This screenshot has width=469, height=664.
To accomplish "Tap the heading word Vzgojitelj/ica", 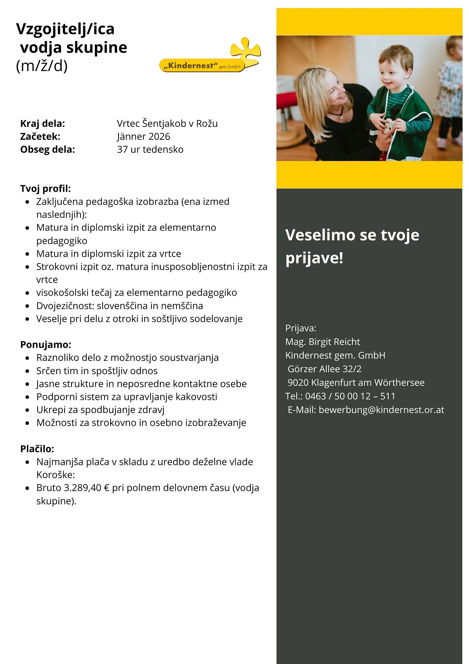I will tap(65, 29).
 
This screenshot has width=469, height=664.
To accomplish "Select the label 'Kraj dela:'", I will tap(42, 124).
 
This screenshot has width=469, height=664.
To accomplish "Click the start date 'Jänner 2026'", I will tap(143, 136).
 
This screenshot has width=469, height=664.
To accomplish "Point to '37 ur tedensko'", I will tap(150, 149).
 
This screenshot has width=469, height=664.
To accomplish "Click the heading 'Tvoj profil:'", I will tap(45, 189).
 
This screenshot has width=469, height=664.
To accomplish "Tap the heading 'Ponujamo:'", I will tap(46, 345).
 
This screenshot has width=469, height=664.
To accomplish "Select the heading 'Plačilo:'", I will tap(37, 449).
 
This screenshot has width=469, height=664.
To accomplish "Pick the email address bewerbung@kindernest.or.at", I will tap(381, 410).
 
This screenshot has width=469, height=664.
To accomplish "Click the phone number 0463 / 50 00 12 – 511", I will tap(350, 396).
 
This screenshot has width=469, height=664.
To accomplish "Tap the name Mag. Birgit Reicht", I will tap(322, 342).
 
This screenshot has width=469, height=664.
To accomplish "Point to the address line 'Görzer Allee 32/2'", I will tap(324, 369).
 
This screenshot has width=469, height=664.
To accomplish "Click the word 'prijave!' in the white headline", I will tap(314, 258).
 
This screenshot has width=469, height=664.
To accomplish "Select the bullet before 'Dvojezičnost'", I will tap(28, 306).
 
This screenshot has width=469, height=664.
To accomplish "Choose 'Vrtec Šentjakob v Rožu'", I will tap(167, 124).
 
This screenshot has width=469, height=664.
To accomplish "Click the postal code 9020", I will tap(298, 382).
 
